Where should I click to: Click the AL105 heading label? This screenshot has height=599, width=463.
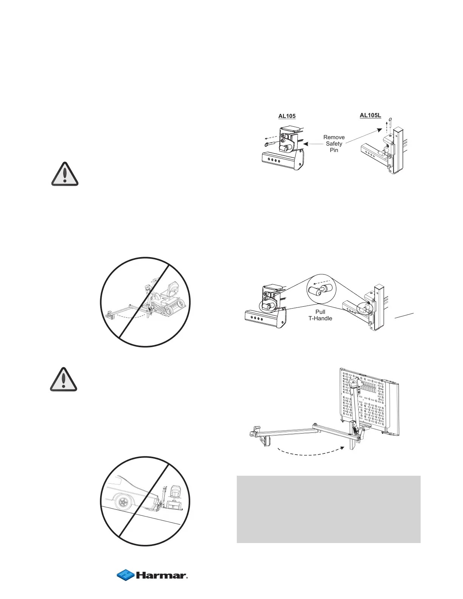(287, 116)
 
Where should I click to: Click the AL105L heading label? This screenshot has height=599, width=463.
(370, 115)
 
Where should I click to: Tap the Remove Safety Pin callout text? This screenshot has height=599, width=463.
(334, 144)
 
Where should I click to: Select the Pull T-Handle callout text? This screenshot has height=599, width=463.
(320, 315)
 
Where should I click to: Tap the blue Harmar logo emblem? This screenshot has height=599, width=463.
(126, 575)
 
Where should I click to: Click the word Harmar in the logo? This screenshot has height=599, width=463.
(161, 576)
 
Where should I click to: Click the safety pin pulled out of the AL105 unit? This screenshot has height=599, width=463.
(271, 144)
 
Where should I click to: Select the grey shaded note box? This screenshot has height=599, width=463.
(328, 509)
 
